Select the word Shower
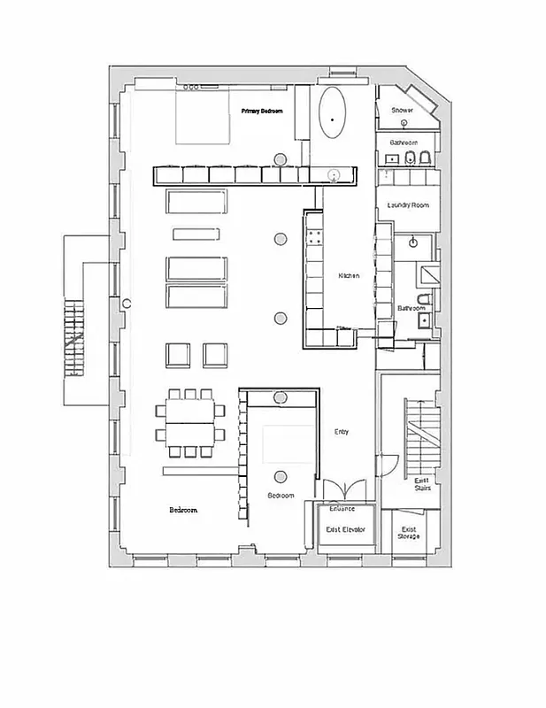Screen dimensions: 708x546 [x=402, y=111]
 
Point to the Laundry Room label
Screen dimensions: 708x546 [x=407, y=205]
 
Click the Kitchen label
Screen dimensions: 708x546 [x=349, y=276]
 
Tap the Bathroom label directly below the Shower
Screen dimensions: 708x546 [x=404, y=142]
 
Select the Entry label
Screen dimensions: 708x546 [x=341, y=432]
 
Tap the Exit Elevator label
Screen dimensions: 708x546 [x=345, y=529]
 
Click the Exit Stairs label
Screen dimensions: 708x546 [x=422, y=484]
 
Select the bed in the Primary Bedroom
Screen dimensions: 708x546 [x=203, y=118]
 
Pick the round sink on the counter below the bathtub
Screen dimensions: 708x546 [x=335, y=174]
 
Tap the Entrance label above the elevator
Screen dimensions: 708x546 [x=342, y=509]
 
